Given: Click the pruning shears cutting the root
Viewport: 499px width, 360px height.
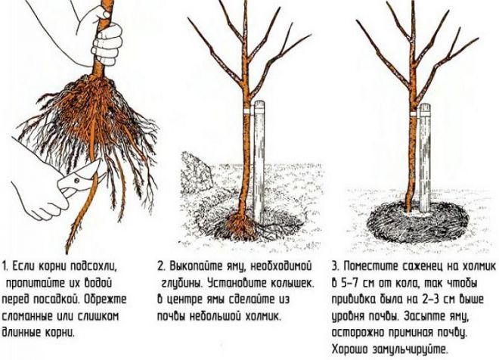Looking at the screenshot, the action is coord(79,180).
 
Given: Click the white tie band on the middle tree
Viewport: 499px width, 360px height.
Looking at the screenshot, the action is coord(246,110).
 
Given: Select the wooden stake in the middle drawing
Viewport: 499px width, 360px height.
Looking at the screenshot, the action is coord(259,162).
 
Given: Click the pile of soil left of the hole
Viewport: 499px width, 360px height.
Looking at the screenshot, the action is coord(195,172).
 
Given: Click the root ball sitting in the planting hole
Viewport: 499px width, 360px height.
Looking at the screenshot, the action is coord(239,226).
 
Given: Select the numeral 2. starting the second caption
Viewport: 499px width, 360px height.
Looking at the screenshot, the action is coord(161,266).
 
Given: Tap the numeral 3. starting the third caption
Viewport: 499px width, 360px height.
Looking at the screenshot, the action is coord(336,266).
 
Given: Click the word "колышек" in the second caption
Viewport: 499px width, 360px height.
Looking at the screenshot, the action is coord(292,283).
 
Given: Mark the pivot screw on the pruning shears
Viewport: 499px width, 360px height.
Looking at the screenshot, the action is coord(76,181).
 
